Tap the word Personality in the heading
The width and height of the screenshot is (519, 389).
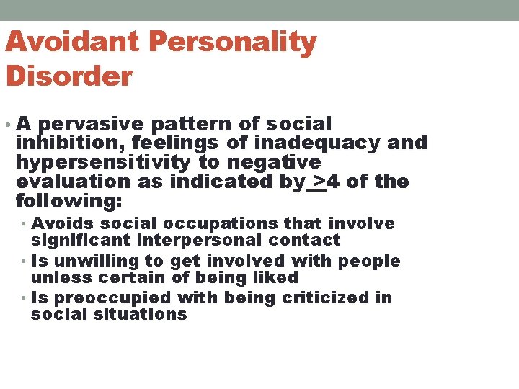click(233, 43)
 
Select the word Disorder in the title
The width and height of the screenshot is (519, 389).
click(69, 76)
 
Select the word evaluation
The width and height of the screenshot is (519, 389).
click(74, 182)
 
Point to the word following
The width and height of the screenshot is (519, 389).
click(68, 200)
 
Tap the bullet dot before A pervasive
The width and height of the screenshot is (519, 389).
click(7, 125)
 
